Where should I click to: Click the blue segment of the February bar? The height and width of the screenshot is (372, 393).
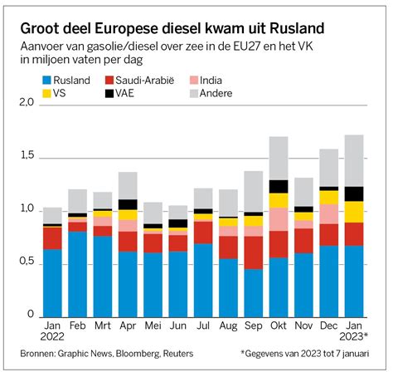click(77, 274)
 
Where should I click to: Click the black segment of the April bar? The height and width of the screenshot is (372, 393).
click(128, 204)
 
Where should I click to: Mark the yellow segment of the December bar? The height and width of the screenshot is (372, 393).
click(329, 197)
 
